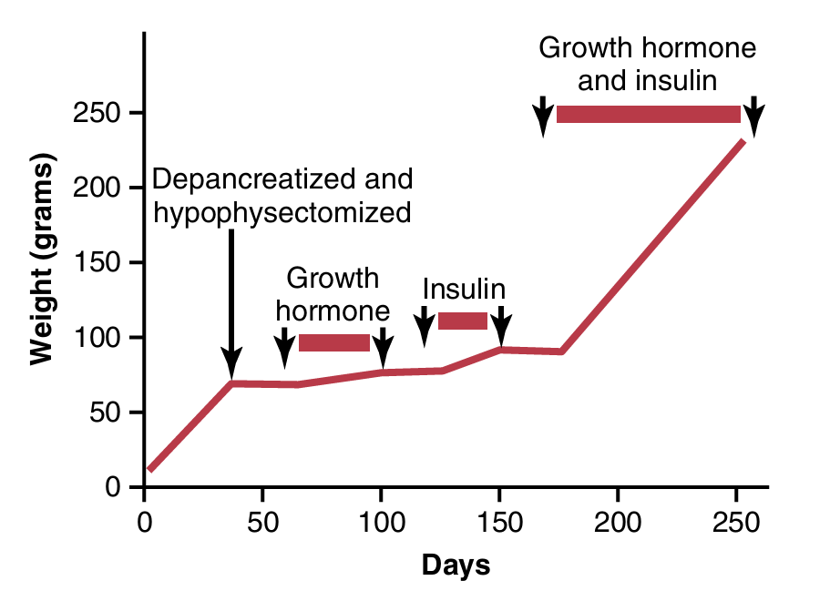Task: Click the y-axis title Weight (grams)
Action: pyautogui.click(x=41, y=261)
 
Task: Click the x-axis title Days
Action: pyautogui.click(x=456, y=566)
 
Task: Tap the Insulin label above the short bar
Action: pyautogui.click(x=464, y=290)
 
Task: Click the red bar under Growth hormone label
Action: pyautogui.click(x=333, y=342)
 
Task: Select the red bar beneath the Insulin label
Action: pyautogui.click(x=463, y=321)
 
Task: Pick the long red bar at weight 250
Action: pyautogui.click(x=648, y=114)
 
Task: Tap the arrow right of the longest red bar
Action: pyautogui.click(x=753, y=116)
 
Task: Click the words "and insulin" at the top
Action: pyautogui.click(x=647, y=81)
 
